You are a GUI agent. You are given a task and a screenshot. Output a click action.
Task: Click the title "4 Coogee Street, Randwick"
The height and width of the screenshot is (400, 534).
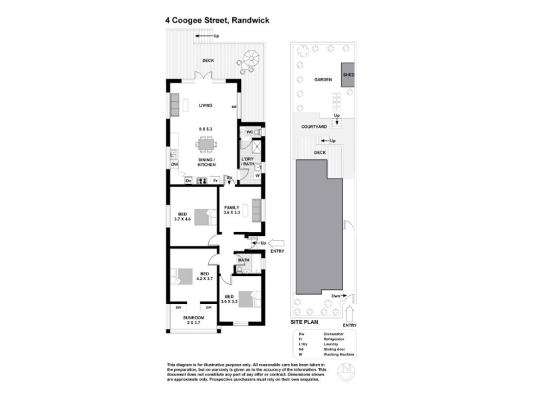click(x=218, y=20)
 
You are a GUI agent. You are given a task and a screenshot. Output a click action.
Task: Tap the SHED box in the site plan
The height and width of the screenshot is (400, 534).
click(x=348, y=75)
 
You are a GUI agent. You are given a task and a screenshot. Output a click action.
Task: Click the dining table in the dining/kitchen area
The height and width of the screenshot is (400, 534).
click(x=205, y=144)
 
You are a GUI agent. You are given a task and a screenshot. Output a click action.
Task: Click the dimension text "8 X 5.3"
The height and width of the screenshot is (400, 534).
click(x=204, y=127)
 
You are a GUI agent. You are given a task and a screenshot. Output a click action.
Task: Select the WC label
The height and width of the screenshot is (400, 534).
click(x=248, y=133)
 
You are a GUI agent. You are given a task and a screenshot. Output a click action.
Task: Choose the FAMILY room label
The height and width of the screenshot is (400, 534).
click(x=231, y=207)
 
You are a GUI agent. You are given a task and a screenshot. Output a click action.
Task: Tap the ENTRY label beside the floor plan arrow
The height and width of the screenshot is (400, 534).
click(x=278, y=251)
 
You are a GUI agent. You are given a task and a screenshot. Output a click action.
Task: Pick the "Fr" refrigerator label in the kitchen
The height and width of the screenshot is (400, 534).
click(x=215, y=181)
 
